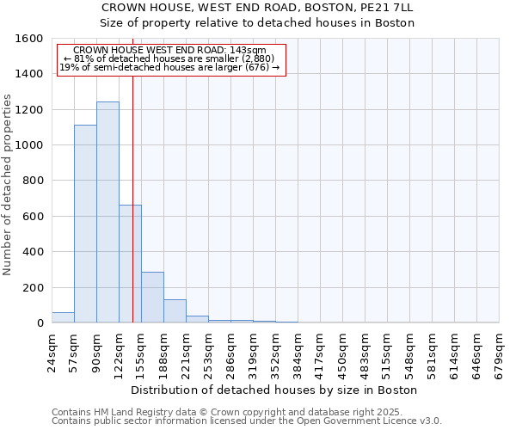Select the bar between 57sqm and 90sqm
[85, 224]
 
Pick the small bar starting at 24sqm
[63, 317]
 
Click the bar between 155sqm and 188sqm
[152, 298]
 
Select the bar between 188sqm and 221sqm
[175, 311]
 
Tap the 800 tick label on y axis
[33, 181]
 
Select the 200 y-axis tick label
[33, 288]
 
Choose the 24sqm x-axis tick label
[52, 351]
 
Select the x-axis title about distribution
[275, 390]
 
